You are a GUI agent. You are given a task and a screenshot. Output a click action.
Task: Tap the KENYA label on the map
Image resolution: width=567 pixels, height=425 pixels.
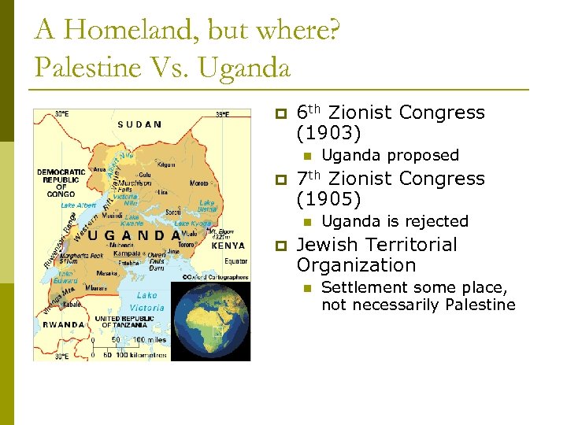(x=228, y=246)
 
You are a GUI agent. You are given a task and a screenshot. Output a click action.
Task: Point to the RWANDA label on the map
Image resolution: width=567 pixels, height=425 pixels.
(x=64, y=323)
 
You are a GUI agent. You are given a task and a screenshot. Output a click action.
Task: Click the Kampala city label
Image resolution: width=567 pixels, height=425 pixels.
(x=126, y=254)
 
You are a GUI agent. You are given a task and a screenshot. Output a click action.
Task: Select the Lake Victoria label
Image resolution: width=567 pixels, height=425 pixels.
(x=146, y=302)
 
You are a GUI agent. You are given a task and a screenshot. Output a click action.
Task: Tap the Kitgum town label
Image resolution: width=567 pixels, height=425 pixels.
(x=167, y=165)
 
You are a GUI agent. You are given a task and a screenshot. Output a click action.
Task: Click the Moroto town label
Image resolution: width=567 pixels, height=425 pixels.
(x=199, y=183)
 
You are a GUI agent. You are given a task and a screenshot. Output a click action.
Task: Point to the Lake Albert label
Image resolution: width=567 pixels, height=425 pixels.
(x=78, y=205)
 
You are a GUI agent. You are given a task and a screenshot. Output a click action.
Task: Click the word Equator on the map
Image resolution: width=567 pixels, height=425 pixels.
(x=235, y=261)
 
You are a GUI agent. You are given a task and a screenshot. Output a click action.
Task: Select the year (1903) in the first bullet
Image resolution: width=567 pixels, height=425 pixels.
(x=329, y=133)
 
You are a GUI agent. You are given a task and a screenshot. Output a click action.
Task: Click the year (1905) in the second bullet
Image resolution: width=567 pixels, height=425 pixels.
(x=329, y=199)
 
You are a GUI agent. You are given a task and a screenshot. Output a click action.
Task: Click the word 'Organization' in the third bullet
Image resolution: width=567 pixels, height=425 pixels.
(x=356, y=265)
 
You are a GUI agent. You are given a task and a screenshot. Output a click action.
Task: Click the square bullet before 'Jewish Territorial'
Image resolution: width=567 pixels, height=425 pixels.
(x=280, y=246)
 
